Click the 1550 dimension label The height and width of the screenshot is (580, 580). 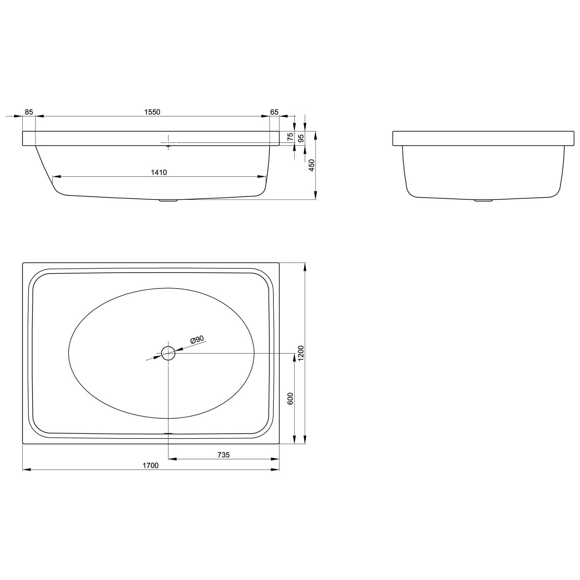[152, 112]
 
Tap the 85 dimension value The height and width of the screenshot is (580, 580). [29, 112]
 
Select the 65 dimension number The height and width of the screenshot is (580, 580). [274, 112]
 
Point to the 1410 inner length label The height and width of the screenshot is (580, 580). [159, 172]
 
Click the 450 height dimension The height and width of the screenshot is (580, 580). [312, 165]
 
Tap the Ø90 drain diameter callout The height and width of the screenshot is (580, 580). [197, 339]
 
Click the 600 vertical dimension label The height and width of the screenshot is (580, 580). [291, 398]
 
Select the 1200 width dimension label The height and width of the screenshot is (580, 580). [302, 353]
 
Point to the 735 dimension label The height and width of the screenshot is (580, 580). [223, 455]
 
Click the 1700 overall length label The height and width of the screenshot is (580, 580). [151, 466]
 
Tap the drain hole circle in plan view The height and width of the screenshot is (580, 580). [168, 353]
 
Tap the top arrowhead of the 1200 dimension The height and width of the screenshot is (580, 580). [305, 266]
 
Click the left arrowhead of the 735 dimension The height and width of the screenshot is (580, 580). [172, 459]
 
